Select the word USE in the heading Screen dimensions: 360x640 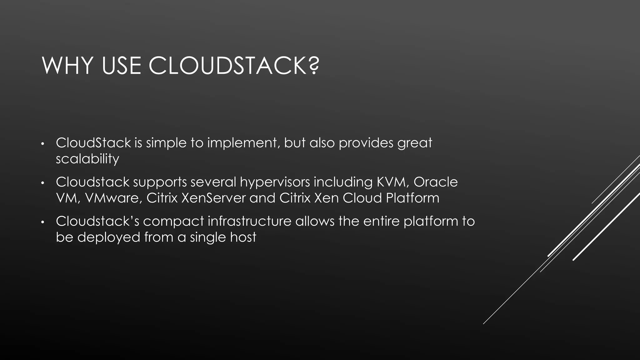pyautogui.click(x=121, y=66)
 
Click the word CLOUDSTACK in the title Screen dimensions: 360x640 pyautogui.click(x=227, y=66)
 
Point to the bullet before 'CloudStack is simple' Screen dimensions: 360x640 pyautogui.click(x=43, y=144)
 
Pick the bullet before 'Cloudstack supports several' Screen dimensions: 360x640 pyautogui.click(x=43, y=183)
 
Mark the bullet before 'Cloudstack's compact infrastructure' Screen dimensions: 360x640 pyautogui.click(x=43, y=222)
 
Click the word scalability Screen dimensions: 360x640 pyautogui.click(x=87, y=159)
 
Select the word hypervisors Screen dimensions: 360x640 pyautogui.click(x=275, y=182)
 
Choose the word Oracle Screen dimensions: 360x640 pyautogui.click(x=436, y=182)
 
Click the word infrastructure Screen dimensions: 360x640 pyautogui.click(x=249, y=221)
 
